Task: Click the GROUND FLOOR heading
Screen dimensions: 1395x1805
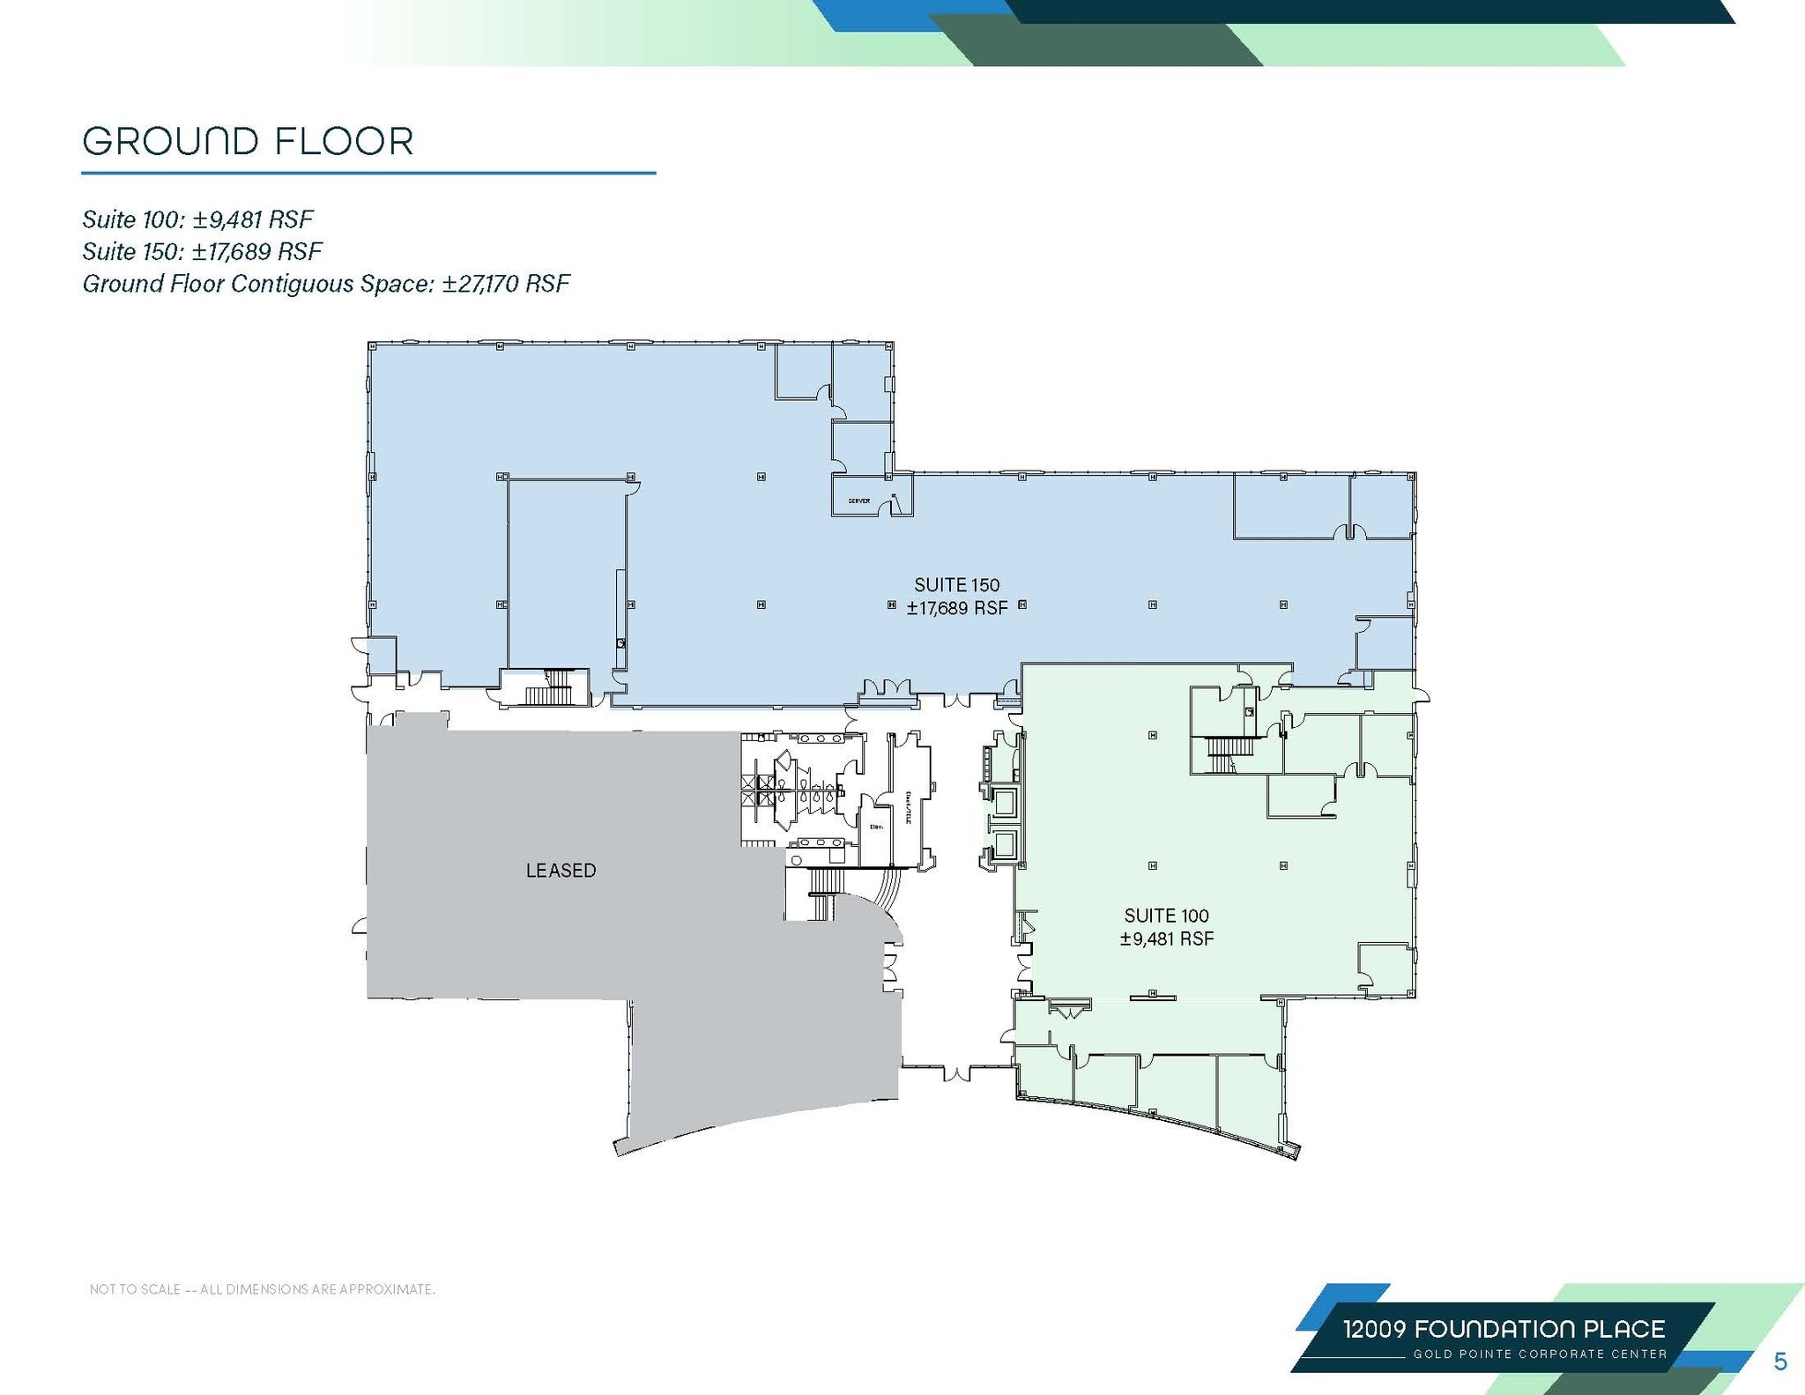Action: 248,141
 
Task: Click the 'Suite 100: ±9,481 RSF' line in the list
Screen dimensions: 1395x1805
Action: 197,219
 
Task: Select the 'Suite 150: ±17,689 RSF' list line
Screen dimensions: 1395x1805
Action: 202,251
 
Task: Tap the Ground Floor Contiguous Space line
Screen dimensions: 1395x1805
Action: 326,284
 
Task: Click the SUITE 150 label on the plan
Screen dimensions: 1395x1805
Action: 956,584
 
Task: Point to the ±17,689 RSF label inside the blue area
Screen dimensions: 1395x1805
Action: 957,608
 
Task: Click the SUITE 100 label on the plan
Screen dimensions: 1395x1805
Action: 1166,916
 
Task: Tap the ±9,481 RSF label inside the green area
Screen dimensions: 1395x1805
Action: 1166,939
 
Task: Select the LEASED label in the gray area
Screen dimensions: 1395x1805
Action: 561,871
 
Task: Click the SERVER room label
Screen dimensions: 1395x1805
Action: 858,501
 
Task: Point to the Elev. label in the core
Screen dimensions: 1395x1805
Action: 876,827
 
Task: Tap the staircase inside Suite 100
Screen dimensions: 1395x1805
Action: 1222,754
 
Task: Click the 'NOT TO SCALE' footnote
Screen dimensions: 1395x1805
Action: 262,1289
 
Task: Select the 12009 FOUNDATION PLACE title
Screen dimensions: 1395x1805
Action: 1504,1329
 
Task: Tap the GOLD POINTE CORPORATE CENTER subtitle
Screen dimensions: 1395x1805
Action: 1540,1354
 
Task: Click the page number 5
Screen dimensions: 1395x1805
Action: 1779,1362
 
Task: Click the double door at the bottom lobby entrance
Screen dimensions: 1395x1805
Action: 958,1072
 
